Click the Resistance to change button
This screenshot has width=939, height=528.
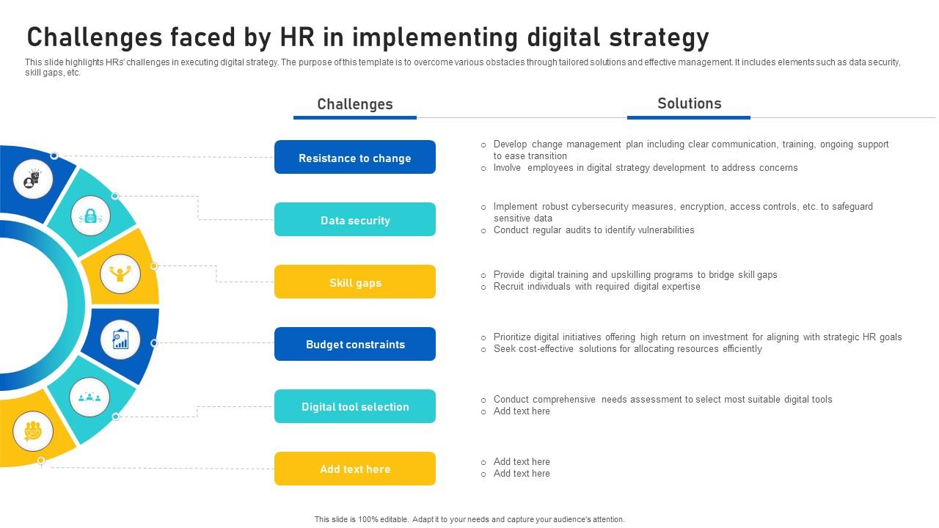354,158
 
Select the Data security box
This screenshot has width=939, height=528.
354,220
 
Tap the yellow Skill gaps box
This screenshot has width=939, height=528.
354,282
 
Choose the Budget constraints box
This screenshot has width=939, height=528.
354,344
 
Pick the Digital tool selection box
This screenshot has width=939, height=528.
354,406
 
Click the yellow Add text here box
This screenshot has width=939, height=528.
354,469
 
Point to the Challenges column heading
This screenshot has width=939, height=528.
354,104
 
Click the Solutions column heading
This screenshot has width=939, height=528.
689,103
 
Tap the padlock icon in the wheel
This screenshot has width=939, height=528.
91,216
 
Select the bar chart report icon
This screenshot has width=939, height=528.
120,339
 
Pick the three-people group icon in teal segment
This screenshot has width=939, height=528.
89,397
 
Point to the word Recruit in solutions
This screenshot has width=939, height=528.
509,287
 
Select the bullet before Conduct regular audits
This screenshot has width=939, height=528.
483,230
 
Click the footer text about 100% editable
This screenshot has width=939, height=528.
469,519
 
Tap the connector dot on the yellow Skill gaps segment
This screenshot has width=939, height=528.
154,266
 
